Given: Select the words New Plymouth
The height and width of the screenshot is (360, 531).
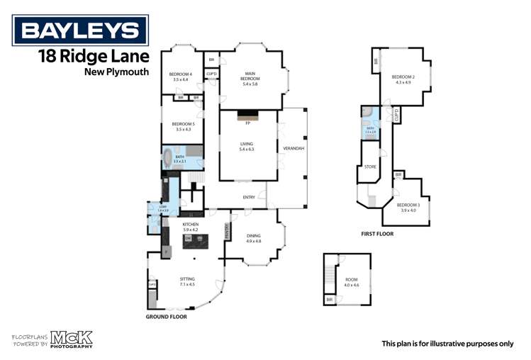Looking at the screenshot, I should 116,72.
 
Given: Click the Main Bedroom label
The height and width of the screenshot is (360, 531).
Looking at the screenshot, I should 250,77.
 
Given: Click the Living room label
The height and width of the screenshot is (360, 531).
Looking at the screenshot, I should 247,146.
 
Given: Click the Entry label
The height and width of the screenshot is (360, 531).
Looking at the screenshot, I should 249,198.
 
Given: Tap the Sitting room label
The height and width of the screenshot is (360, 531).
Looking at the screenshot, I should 188,281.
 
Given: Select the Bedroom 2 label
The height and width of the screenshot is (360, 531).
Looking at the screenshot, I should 403,79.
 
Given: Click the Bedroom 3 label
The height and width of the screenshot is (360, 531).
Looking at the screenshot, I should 408,207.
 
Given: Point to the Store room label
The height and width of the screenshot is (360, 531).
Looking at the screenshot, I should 369,167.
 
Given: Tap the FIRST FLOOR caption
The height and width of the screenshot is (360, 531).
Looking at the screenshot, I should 376,232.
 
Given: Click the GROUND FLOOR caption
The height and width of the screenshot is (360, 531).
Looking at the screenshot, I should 166,317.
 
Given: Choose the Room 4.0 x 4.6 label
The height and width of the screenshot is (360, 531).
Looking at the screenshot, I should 352,282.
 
